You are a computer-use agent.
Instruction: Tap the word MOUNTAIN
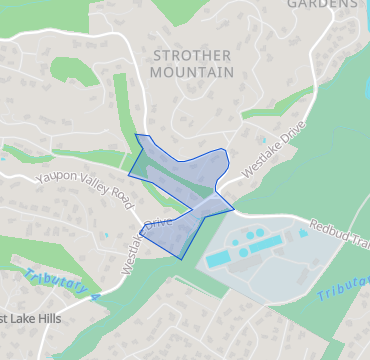[x=192, y=72]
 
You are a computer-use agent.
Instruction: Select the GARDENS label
[x=322, y=4]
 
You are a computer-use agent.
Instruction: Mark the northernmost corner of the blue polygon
[x=135, y=134]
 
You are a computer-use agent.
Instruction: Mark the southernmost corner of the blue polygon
[x=180, y=258]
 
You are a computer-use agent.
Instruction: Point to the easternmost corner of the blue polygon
[x=235, y=209]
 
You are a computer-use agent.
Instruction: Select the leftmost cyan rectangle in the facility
[x=218, y=259]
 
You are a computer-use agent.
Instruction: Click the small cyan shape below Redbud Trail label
[x=302, y=234]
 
